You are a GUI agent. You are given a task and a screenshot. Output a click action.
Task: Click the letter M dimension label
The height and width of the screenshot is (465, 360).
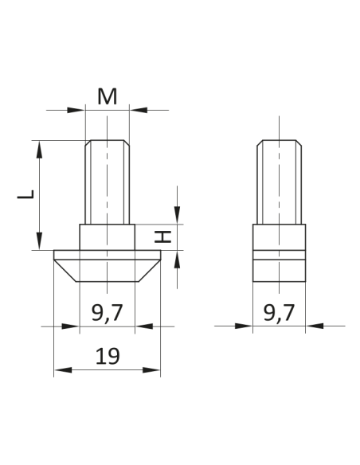coord(108,96)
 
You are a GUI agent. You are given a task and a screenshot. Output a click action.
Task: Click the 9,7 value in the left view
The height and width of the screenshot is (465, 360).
coord(107,313)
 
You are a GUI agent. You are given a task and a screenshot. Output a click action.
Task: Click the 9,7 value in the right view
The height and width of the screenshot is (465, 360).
coord(279,313)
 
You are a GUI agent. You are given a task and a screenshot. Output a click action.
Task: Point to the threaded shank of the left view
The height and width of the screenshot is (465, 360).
coord(108,182)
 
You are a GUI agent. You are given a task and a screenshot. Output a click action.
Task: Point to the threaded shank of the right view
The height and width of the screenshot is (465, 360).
coord(279,182)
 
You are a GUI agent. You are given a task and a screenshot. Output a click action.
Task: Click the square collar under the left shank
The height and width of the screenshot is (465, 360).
coord(108,237)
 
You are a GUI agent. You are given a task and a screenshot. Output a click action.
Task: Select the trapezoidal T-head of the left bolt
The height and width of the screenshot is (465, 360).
coord(108,267)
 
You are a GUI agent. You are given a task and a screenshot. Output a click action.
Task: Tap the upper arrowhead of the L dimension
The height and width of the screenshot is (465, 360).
coord(37,147)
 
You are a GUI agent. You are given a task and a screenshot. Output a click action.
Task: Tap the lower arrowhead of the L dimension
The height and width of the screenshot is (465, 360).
coord(37,244)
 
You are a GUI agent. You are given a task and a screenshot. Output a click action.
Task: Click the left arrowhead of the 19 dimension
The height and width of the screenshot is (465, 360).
coord(60,370)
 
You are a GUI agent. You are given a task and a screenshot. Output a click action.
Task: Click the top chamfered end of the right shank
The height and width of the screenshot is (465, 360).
coord(279,144)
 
